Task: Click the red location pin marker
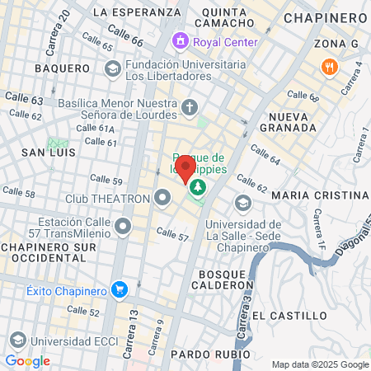coord(186,170)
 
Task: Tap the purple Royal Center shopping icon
coord(179,40)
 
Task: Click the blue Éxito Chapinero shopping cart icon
coord(120,289)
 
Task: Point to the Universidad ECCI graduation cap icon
coord(17,340)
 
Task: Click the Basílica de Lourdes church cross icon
coord(190,107)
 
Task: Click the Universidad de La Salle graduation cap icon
coord(242,203)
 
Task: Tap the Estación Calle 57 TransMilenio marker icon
coord(124,225)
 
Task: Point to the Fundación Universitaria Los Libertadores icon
coord(110,70)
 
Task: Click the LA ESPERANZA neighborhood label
coord(136,12)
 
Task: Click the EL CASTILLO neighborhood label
coord(284,316)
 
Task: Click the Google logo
coord(27,361)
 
